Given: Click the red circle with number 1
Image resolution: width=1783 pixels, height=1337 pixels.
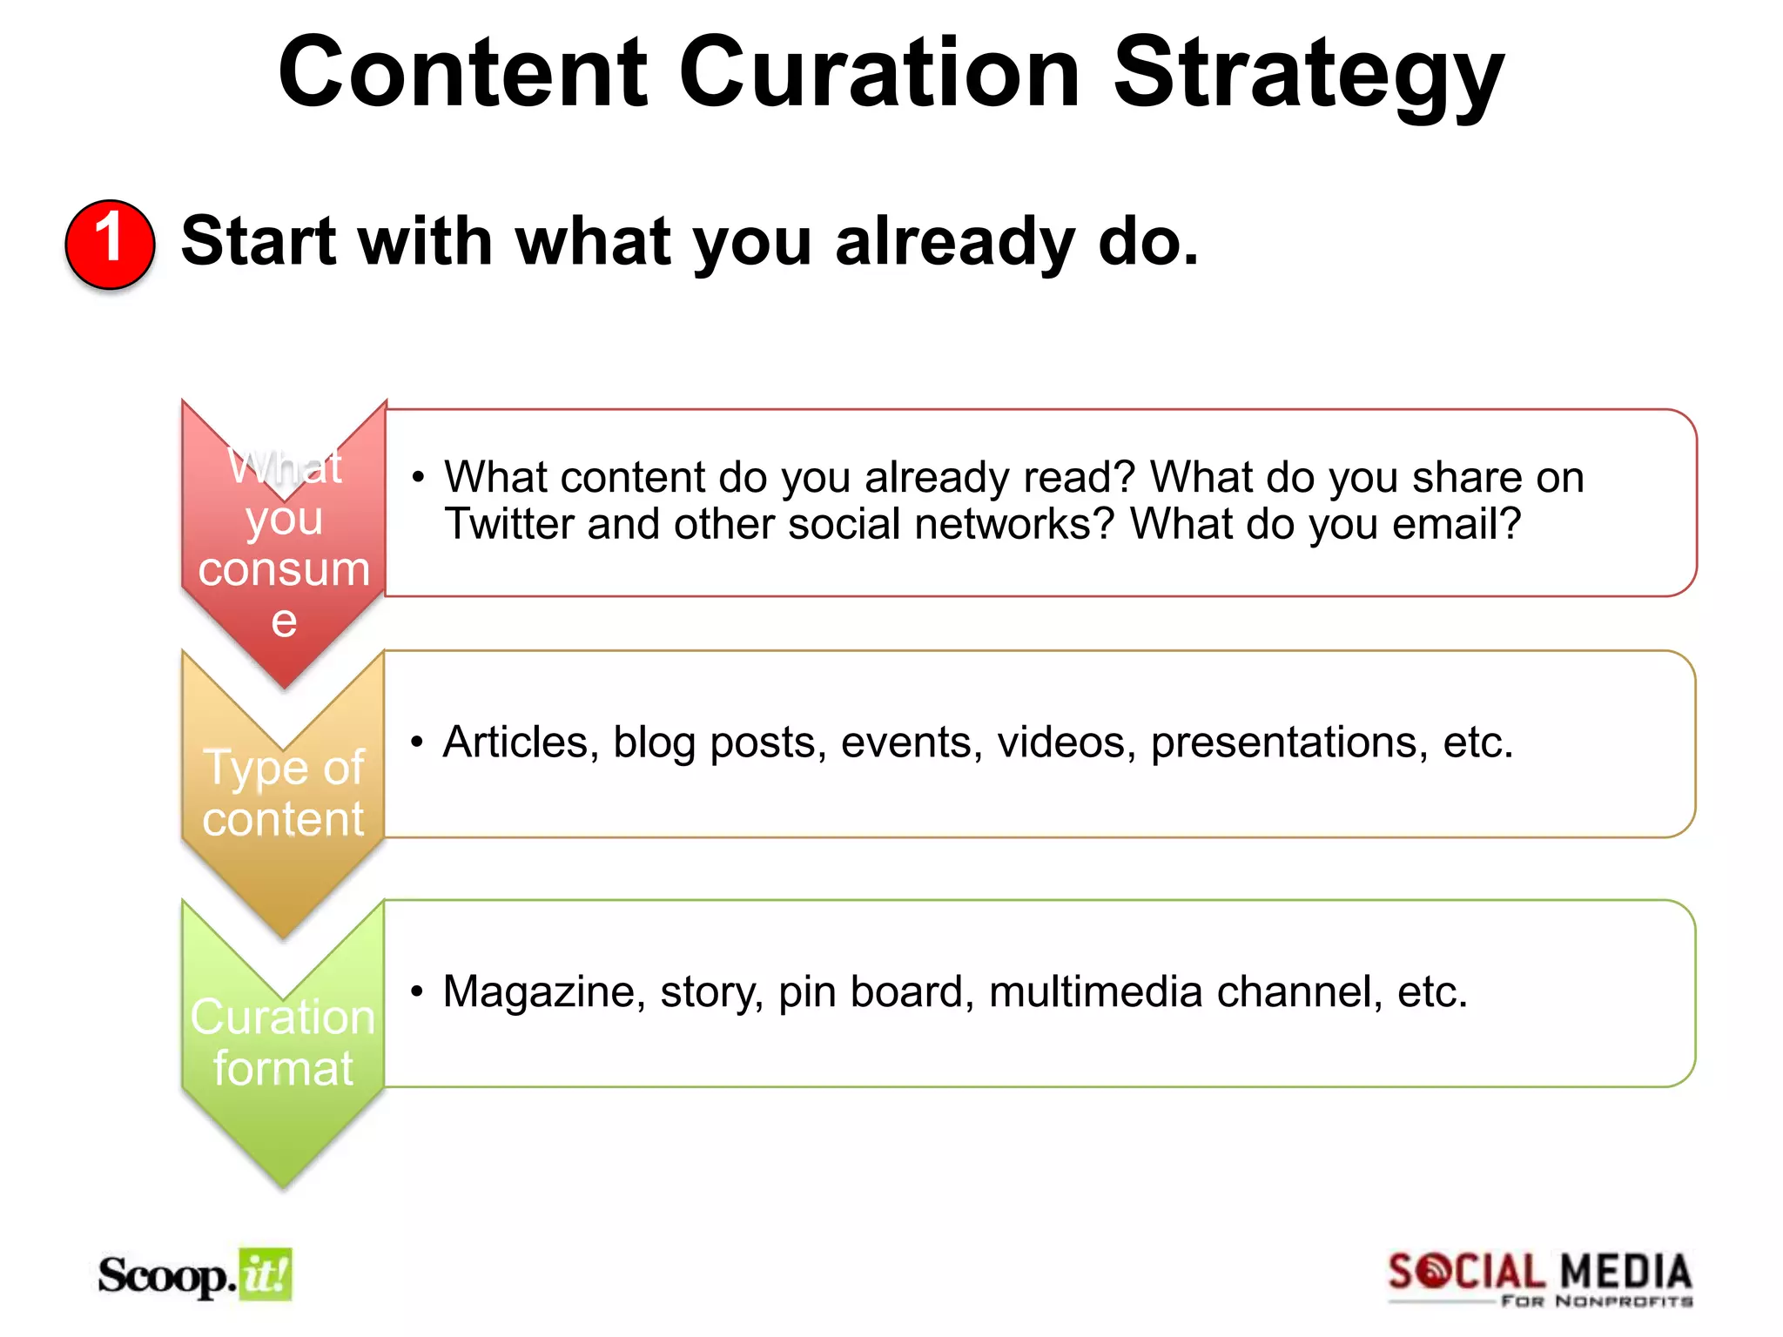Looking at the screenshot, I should click(x=110, y=244).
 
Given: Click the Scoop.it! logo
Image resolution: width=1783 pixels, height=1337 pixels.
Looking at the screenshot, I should click(x=195, y=1276).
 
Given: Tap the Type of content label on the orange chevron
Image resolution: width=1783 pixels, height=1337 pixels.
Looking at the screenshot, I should click(x=284, y=793).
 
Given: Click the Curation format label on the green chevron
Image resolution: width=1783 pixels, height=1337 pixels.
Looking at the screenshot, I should click(x=284, y=1043).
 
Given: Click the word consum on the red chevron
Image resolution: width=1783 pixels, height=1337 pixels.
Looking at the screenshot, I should click(x=284, y=570).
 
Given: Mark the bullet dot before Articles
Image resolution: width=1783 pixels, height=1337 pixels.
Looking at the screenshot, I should click(x=418, y=742).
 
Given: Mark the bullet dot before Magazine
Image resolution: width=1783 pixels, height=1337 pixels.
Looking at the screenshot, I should click(x=418, y=992).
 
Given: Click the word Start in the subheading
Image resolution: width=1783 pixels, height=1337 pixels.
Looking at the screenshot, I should click(x=259, y=242).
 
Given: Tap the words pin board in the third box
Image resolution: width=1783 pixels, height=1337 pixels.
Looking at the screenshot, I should click(x=870, y=992).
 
